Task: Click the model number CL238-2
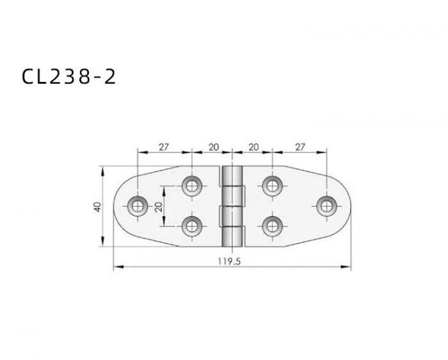click(x=69, y=76)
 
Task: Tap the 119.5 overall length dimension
click(x=229, y=261)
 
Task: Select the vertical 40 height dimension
click(x=98, y=206)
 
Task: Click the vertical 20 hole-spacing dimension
click(x=159, y=206)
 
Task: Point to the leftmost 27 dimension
click(x=164, y=147)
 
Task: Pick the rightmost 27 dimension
click(x=300, y=147)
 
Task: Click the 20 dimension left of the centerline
click(x=214, y=147)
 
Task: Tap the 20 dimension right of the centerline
click(x=253, y=147)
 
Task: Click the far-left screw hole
click(x=138, y=206)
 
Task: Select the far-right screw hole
click(x=326, y=206)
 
